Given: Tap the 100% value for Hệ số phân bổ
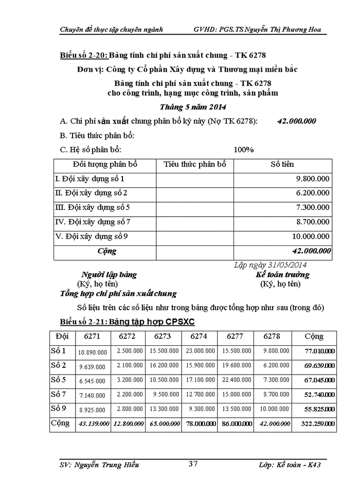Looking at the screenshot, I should (244, 150).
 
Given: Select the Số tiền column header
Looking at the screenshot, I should (282, 165).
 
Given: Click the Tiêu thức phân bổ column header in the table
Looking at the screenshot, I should (194, 165).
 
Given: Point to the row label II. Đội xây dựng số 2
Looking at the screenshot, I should (91, 193).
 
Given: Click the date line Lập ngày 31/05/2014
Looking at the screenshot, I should (271, 265).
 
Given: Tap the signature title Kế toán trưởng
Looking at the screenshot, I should (282, 275).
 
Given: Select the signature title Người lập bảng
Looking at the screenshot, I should (109, 275).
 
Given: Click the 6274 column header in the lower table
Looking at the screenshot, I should (199, 337).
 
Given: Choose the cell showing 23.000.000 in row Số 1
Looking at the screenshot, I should (200, 351).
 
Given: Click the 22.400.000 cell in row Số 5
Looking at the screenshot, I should (236, 380).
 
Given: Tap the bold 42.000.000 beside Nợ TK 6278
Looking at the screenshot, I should (296, 121).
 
